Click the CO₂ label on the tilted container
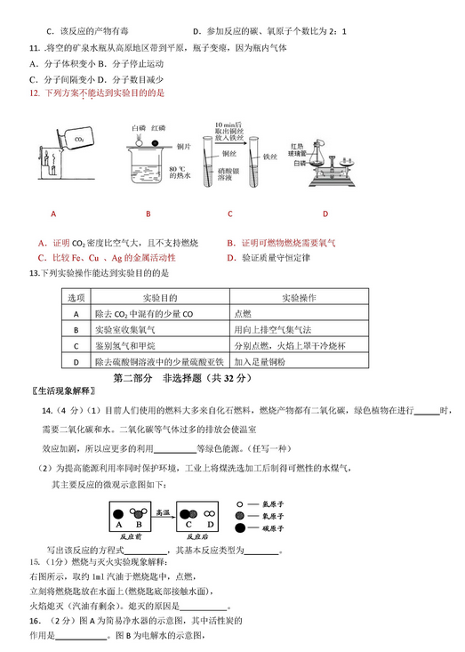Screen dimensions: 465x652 78,140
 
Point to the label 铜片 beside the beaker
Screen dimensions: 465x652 183,144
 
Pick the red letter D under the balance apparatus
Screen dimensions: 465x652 325,213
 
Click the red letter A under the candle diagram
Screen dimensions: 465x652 53,213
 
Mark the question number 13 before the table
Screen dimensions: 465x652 35,273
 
